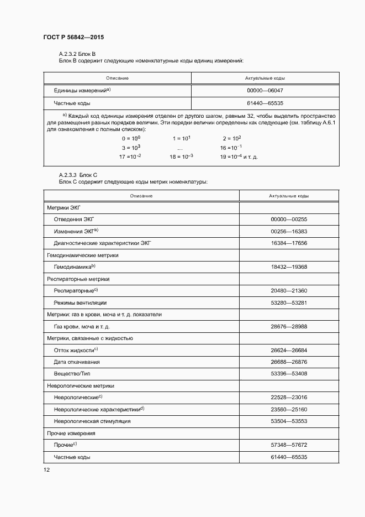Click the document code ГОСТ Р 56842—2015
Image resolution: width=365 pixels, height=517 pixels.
click(x=73, y=37)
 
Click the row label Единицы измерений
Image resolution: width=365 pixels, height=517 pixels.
click(x=82, y=91)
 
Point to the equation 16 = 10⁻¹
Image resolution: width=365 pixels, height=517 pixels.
click(x=231, y=148)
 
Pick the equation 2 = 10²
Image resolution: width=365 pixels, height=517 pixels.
click(x=232, y=138)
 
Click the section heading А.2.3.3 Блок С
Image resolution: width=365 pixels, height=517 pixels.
click(x=78, y=174)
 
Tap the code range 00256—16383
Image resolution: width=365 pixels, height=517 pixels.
click(x=289, y=231)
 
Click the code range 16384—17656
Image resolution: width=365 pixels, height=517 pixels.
click(x=289, y=243)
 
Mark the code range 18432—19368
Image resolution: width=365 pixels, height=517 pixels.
click(x=289, y=267)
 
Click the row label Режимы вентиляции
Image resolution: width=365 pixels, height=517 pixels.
click(x=80, y=302)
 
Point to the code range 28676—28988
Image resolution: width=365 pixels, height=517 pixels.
click(x=289, y=326)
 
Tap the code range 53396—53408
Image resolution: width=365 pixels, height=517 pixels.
click(x=289, y=374)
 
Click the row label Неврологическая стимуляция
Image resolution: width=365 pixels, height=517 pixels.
click(x=92, y=421)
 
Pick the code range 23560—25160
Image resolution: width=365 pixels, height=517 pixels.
click(x=289, y=410)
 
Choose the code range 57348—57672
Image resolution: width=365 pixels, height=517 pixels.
click(x=289, y=445)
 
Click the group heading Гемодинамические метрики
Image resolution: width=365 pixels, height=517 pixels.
click(x=83, y=255)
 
